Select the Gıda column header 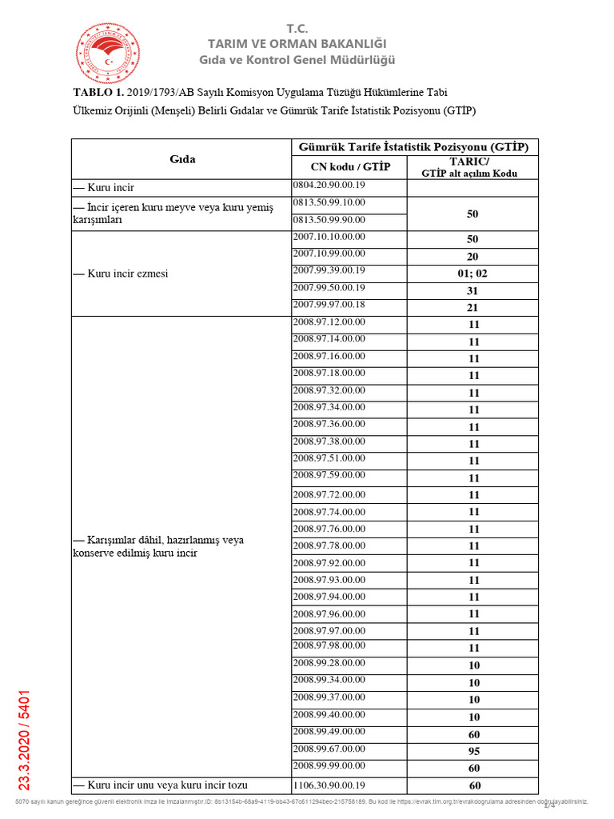tap(182, 159)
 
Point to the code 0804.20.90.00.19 tap(329, 186)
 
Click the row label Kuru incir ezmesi tap(120, 273)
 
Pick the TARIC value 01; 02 tap(472, 273)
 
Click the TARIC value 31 tap(472, 291)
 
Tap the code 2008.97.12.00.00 tap(329, 322)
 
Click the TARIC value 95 tap(474, 751)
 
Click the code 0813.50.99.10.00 tap(329, 202)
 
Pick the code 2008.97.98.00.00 tap(329, 645)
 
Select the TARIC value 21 tap(472, 308)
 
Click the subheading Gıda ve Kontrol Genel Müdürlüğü tap(297, 60)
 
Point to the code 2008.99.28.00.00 tap(329, 662)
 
